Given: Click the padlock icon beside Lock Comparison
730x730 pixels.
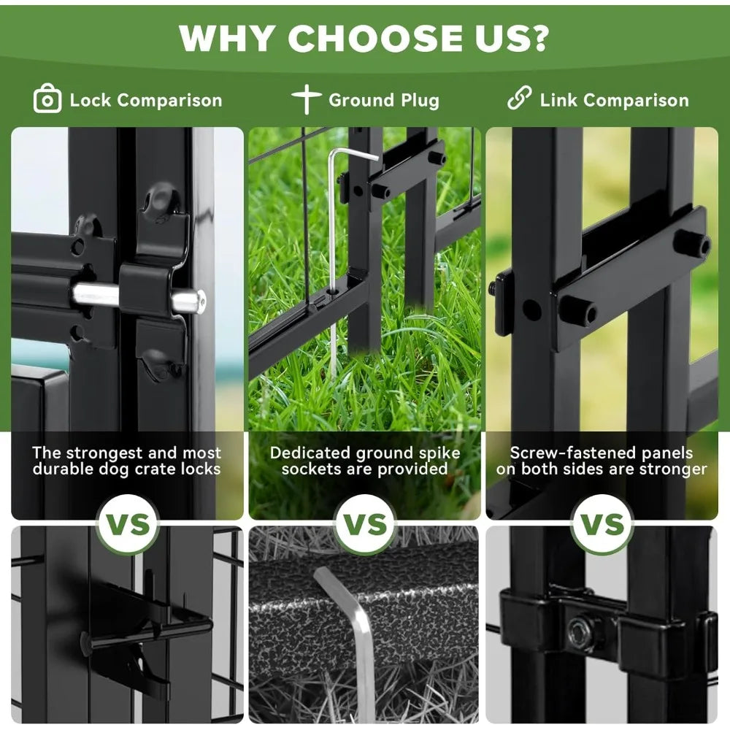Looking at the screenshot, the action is coord(47,99).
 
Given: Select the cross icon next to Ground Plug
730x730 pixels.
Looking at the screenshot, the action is coord(307,99).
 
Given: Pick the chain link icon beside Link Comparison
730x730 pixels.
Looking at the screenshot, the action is coord(519,98).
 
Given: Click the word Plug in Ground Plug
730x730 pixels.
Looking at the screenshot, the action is coord(420,101).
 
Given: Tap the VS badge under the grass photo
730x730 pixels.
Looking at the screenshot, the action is coord(365,524).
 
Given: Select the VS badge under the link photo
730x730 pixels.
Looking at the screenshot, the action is coord(602,524).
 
